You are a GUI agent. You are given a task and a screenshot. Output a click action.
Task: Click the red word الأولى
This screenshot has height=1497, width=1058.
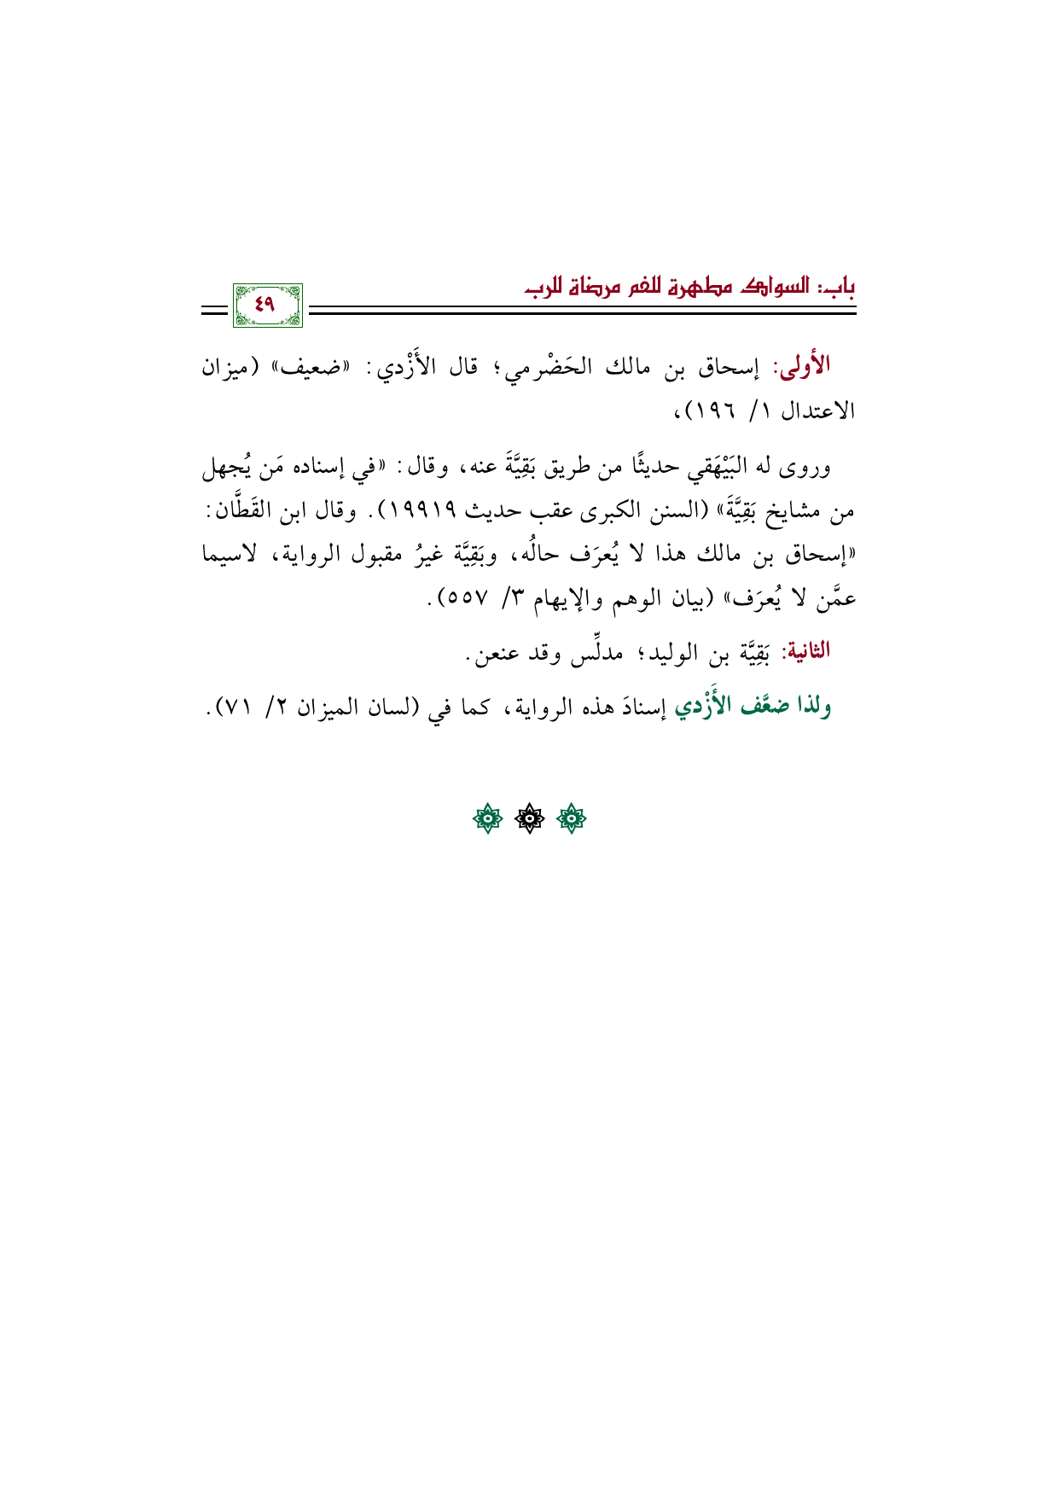click(x=802, y=366)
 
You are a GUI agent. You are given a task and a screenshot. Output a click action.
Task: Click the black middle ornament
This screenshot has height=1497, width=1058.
click(x=529, y=820)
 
